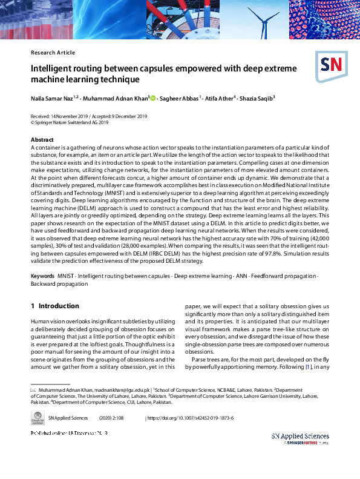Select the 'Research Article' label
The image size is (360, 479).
coord(53,53)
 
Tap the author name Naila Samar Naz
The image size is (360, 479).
coord(53,98)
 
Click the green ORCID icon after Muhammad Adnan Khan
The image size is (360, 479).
coord(153,98)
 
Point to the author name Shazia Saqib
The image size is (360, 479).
coord(257,98)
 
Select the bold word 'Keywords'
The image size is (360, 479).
coord(42,276)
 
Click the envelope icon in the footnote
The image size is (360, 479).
coord(33,390)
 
